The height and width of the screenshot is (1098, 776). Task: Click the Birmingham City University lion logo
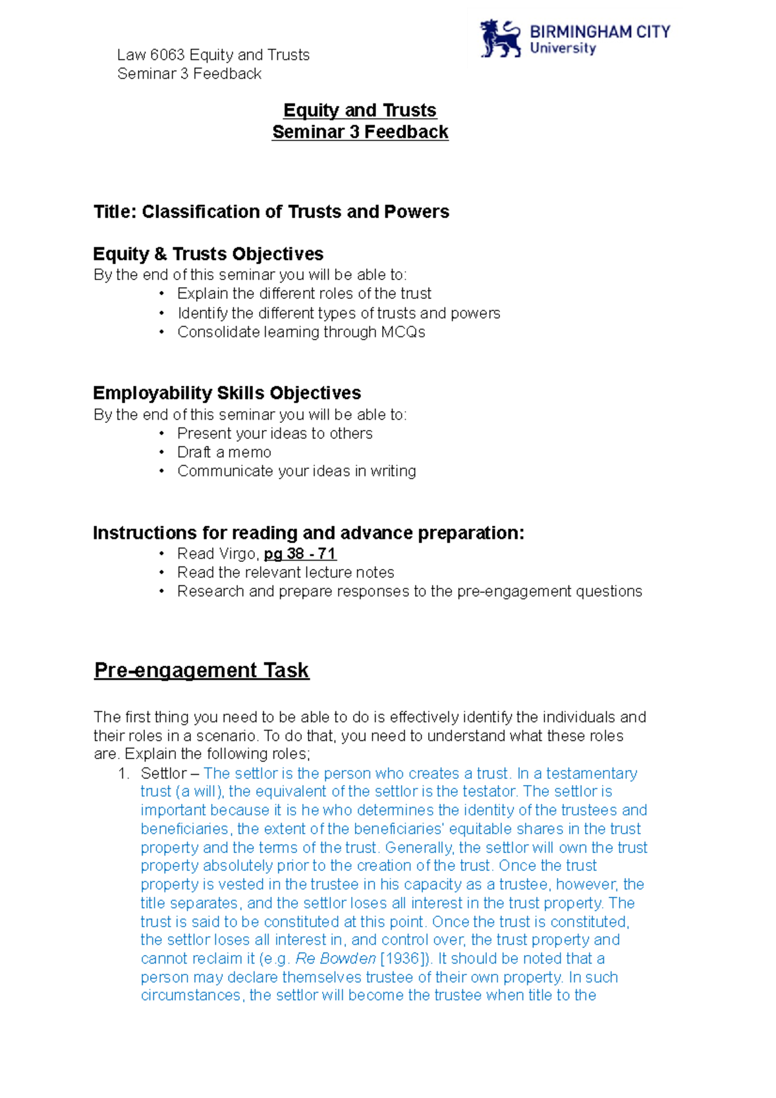[500, 39]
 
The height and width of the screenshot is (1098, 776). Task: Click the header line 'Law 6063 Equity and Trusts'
[213, 55]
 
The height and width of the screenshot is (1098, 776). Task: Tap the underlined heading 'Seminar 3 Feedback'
[360, 132]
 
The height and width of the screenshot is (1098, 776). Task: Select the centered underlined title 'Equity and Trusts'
[360, 110]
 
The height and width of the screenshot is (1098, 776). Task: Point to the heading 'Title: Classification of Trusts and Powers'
[271, 212]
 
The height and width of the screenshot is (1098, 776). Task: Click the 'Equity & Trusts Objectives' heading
[208, 254]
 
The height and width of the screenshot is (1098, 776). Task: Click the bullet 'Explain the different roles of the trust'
[304, 294]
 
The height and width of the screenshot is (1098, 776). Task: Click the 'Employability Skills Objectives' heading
[227, 393]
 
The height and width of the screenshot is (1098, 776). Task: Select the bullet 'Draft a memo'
[224, 453]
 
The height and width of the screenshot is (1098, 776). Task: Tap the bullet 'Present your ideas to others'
[275, 434]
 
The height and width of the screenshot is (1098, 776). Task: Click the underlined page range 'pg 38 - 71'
[300, 554]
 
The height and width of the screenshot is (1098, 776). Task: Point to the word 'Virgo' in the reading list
[239, 554]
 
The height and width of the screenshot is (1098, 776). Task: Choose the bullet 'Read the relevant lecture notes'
[286, 573]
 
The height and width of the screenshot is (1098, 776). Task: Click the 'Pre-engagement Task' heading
[202, 671]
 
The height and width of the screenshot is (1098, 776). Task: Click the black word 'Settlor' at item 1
[163, 773]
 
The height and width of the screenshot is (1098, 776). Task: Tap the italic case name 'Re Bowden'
[336, 959]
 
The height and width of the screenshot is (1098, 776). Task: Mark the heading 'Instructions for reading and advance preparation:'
[308, 533]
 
